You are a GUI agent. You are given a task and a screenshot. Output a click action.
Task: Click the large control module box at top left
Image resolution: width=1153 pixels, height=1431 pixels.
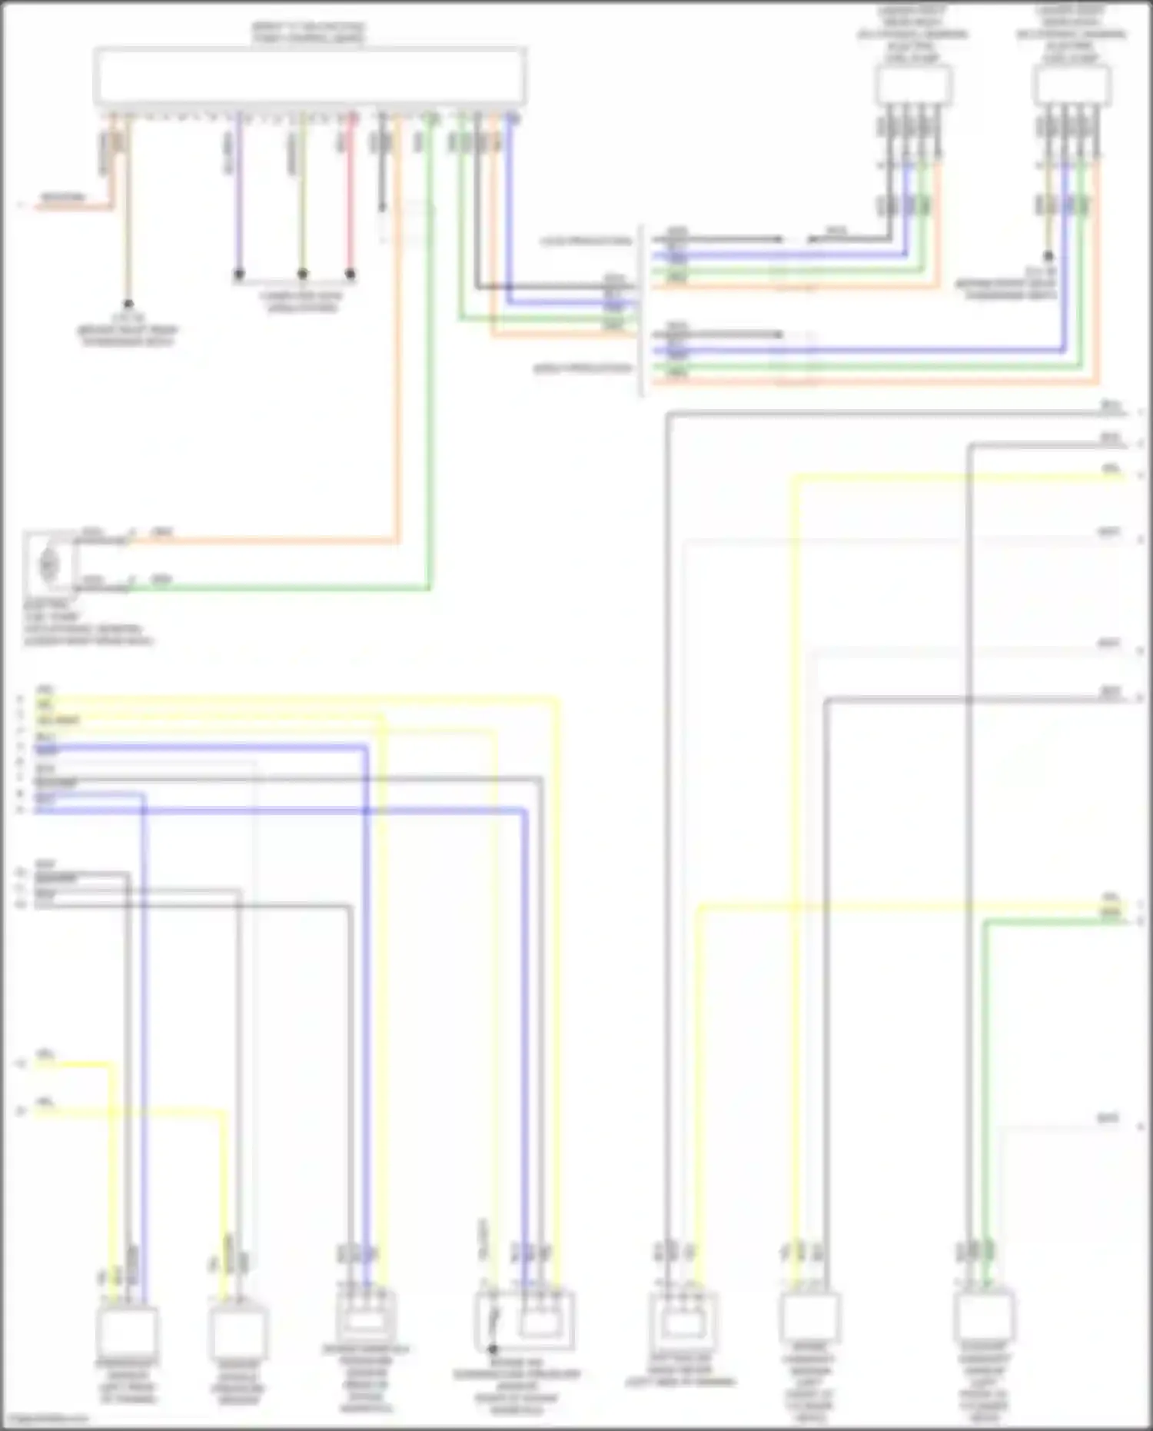point(310,75)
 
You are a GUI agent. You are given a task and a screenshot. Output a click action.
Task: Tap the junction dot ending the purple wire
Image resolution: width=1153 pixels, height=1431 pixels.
point(239,274)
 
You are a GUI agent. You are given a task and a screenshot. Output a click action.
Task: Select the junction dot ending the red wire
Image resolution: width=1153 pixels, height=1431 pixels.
point(351,274)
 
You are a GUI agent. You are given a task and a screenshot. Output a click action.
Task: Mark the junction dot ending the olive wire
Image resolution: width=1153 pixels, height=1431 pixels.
point(302,274)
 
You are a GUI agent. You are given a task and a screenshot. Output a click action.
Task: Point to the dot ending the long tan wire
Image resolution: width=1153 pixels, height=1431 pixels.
point(128,305)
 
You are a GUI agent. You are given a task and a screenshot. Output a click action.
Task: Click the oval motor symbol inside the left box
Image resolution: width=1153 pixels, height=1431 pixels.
point(48,565)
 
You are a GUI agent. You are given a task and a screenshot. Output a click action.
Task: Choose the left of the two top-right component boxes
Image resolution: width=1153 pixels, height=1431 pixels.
point(912,85)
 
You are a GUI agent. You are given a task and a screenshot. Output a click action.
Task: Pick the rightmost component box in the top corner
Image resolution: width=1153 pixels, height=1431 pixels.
point(1072,85)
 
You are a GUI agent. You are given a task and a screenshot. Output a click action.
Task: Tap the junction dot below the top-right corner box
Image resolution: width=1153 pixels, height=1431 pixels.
point(1048,256)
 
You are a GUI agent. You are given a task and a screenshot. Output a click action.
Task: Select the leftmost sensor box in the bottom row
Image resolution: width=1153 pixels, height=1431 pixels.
point(128,1331)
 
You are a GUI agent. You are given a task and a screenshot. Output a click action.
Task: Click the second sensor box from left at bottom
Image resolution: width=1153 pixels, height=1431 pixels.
point(238,1331)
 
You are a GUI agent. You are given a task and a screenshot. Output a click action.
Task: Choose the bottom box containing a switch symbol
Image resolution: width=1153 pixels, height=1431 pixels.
point(524,1321)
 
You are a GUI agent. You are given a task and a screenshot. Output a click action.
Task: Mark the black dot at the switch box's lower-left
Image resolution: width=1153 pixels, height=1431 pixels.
point(493,1349)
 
